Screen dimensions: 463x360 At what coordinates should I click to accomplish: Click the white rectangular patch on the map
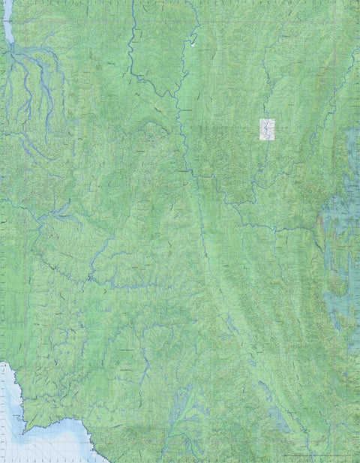(267, 129)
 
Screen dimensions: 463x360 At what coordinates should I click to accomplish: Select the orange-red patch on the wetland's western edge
(321, 223)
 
